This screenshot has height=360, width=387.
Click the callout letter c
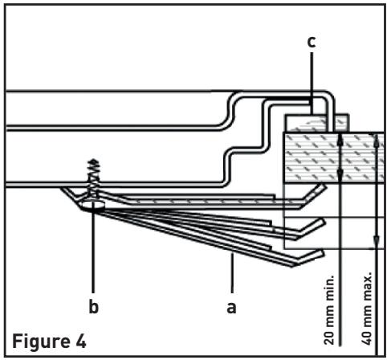[312, 43]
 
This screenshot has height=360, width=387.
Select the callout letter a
[232, 308]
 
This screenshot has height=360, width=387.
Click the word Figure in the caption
[40, 342]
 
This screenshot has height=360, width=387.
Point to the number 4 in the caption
[79, 341]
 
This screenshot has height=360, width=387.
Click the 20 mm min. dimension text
[329, 309]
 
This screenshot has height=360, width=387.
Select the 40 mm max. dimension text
[367, 308]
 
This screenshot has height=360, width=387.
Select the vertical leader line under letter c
[312, 83]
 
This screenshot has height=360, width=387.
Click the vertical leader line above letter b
[93, 252]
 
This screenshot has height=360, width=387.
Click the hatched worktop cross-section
[334, 157]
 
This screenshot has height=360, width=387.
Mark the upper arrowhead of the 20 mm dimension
[340, 140]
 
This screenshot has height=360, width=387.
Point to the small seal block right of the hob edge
[342, 123]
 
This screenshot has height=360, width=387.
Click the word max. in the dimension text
[367, 284]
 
